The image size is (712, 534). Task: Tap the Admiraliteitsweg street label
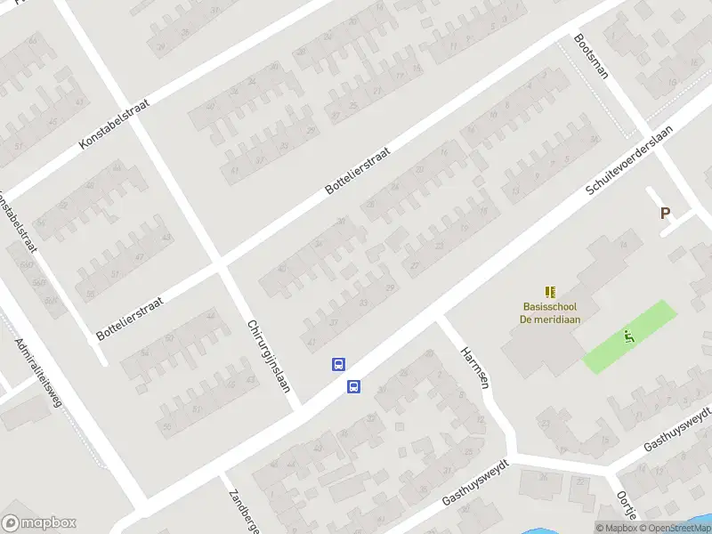(38, 373)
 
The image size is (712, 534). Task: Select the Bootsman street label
(591, 56)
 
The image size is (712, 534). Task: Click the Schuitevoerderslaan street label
(628, 160)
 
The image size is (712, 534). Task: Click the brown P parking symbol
(664, 213)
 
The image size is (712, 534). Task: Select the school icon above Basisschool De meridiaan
(550, 291)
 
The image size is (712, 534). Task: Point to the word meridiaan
(558, 320)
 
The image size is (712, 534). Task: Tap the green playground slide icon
(630, 336)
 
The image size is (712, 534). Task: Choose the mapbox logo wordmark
(39, 523)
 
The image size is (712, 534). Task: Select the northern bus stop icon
(338, 364)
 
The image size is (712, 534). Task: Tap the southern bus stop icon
(353, 386)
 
